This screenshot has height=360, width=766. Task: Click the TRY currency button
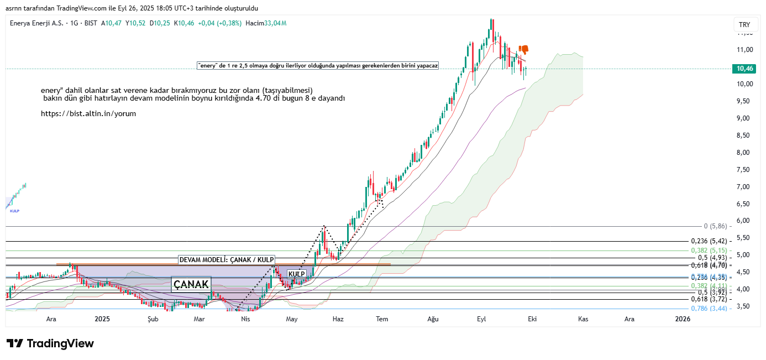[x=744, y=25]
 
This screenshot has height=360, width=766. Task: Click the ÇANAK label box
[x=191, y=284]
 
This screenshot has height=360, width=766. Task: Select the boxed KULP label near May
[x=297, y=274]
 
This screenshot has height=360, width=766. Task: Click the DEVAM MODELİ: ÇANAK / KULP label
[x=227, y=260]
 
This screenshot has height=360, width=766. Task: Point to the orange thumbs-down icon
[x=523, y=50]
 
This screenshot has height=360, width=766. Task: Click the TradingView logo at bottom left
[x=50, y=343]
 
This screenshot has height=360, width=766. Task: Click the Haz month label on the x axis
[x=339, y=319]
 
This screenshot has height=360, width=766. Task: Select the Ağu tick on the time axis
[x=433, y=319]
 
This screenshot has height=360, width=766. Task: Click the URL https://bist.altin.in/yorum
[x=88, y=113]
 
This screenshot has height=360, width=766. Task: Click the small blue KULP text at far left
[x=14, y=211]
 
